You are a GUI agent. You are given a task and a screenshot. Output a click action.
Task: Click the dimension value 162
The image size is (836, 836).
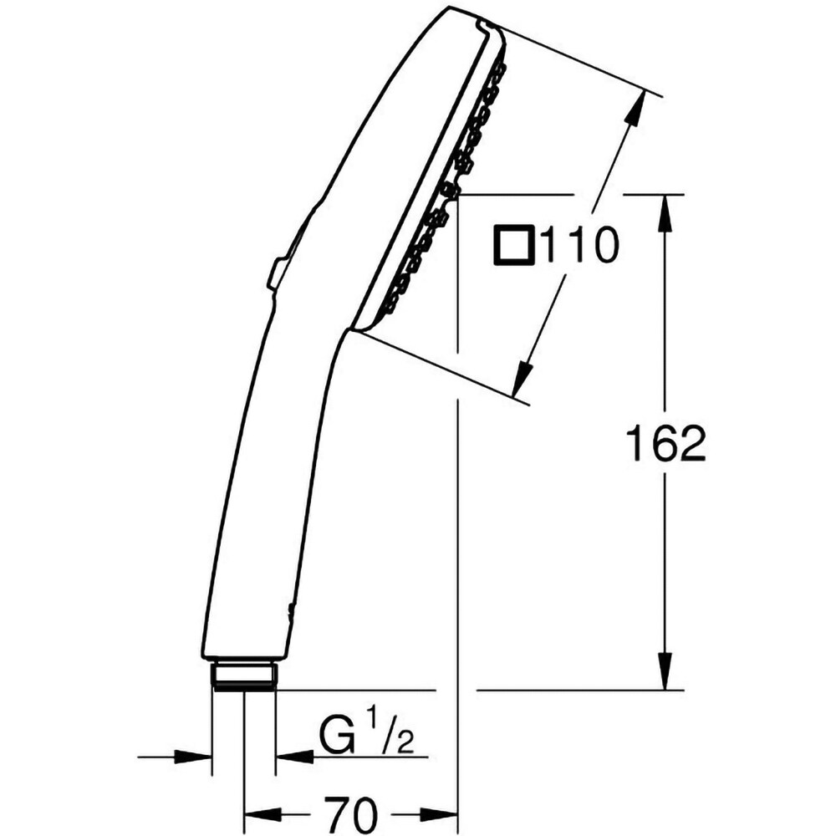666,444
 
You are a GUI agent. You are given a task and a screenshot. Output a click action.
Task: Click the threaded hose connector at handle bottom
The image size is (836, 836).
243,675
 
